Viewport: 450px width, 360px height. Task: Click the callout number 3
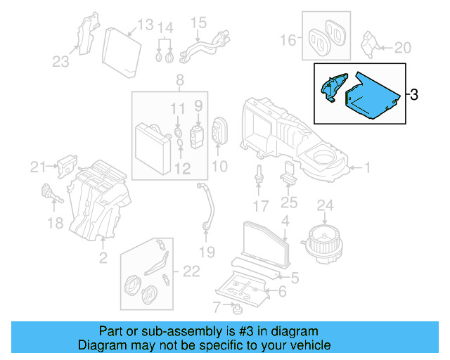(x=413, y=94)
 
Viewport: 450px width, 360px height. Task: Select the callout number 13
(x=144, y=26)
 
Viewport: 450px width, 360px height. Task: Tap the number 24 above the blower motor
(x=325, y=205)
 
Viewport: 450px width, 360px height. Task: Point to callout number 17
(x=261, y=206)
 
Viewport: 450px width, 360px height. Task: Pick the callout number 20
(x=401, y=48)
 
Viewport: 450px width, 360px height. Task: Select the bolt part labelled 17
(x=259, y=176)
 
